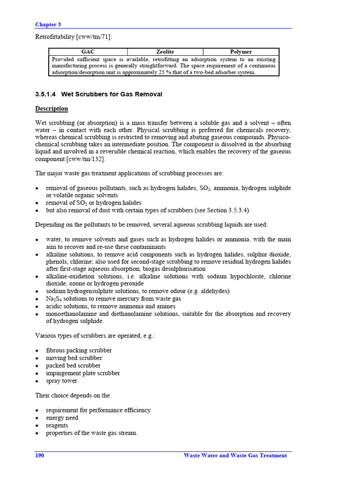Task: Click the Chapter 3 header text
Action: click(48, 24)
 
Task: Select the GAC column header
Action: click(88, 52)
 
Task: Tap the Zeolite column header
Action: click(165, 52)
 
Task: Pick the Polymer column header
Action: click(241, 52)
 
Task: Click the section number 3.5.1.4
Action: click(45, 94)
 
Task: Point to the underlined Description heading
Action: click(52, 109)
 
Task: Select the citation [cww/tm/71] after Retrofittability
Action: click(96, 37)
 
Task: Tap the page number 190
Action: click(40, 456)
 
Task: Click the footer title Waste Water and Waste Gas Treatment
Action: click(235, 456)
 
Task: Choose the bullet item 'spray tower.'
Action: click(62, 381)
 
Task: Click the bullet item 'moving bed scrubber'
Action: click(74, 358)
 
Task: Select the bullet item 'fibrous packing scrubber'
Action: click(79, 351)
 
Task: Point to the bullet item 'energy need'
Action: click(62, 418)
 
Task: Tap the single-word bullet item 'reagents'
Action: click(57, 425)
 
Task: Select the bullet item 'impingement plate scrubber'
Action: click(82, 373)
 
